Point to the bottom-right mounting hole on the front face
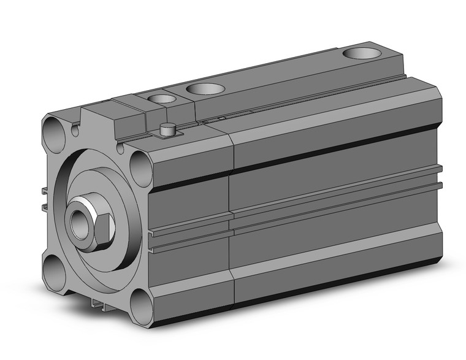click(x=142, y=306)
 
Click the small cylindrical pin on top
click(x=165, y=130)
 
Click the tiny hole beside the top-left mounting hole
click(x=75, y=130)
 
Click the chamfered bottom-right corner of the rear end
click(x=434, y=258)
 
